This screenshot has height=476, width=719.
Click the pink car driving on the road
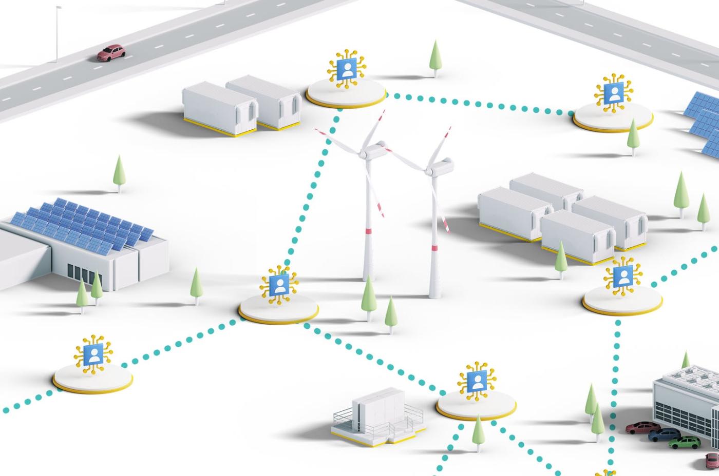point(111,52)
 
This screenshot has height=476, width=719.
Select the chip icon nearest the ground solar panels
point(614,94)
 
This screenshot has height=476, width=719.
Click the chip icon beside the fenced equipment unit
point(477,382)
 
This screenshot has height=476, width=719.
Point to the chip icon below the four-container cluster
point(622,277)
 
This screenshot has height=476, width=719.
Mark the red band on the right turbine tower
point(434,248)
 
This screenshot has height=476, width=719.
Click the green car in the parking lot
point(685,442)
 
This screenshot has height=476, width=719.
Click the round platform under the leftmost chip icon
point(93,380)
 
